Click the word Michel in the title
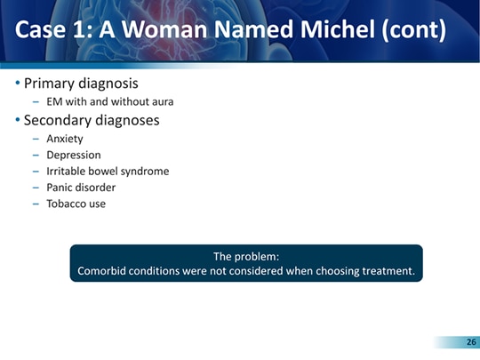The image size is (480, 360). coord(338,28)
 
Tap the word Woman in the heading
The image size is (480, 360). coord(165,29)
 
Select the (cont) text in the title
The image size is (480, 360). coord(414,30)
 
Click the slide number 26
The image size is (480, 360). coord(471,342)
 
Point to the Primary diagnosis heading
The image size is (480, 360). coord(81,84)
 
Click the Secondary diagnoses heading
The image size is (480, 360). coord(92,120)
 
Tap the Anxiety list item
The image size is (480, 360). coord(65,139)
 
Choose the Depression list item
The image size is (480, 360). coord(74,155)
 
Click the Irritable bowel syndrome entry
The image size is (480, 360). coord(108,172)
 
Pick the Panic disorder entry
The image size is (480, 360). coord(81,188)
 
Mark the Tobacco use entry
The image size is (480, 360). coord(76,204)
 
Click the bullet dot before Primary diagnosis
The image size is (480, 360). coord(18,83)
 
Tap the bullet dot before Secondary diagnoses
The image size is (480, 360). coord(18,119)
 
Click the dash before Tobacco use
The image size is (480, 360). coord(36,204)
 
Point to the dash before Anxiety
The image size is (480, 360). coord(36,139)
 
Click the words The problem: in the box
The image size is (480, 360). coord(246,257)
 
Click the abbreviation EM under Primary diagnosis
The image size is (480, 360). coord(54,101)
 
